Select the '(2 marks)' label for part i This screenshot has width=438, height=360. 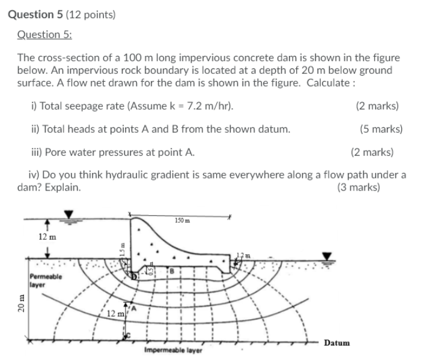(x=377, y=106)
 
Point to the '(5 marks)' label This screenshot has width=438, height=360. (x=381, y=129)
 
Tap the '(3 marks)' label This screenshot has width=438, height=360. (x=359, y=187)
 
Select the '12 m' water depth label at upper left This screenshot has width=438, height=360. (x=47, y=237)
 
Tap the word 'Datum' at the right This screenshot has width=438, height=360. (x=336, y=343)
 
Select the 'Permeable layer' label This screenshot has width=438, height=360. (x=45, y=280)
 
